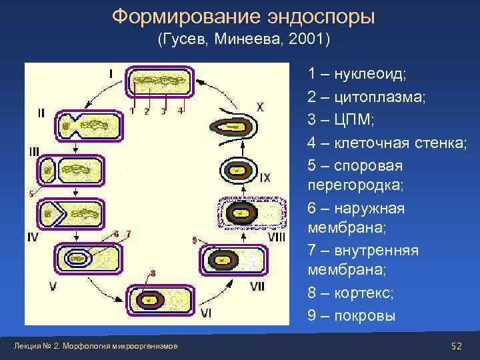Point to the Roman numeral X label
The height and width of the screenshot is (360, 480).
(259, 107)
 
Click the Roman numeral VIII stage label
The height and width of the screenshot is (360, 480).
(276, 237)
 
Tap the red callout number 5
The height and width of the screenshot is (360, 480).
(31, 194)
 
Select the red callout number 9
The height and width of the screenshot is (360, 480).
(194, 240)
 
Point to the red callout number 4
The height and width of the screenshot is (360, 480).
(181, 111)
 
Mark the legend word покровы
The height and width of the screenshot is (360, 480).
(365, 315)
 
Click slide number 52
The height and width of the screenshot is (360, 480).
(457, 346)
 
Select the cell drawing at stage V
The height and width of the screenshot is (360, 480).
(87, 259)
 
